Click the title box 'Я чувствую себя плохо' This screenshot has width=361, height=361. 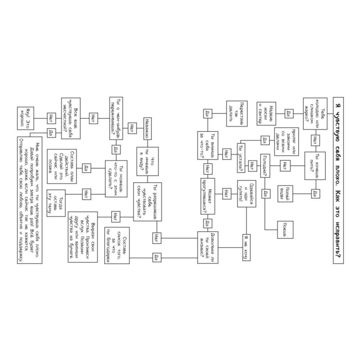(x=338, y=180)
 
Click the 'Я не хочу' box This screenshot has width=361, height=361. (x=247, y=247)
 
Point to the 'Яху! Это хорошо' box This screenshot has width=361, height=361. (x=25, y=118)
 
